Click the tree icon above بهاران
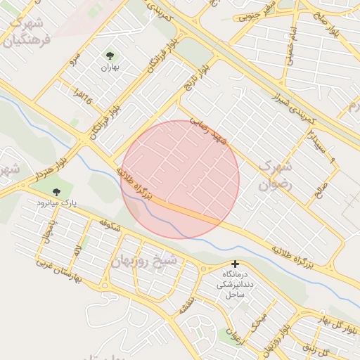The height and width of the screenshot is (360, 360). pyautogui.click(x=110, y=55)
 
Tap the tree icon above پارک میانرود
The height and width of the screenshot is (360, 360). pyautogui.click(x=57, y=191)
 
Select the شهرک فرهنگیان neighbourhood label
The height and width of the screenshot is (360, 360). pyautogui.click(x=28, y=31)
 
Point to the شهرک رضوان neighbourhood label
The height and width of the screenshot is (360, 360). pyautogui.click(x=274, y=176)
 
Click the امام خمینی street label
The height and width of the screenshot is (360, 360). pyautogui.click(x=290, y=46)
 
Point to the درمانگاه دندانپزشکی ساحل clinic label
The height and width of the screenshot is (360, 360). pyautogui.click(x=235, y=283)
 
